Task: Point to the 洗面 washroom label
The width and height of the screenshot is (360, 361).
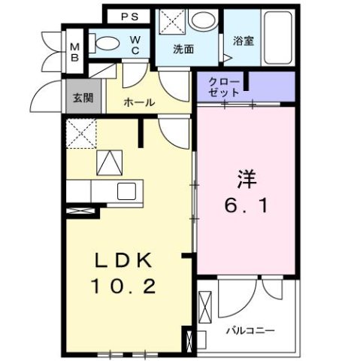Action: point(183,50)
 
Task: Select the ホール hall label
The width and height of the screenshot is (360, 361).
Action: point(139,102)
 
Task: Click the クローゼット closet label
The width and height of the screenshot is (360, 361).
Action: point(225,86)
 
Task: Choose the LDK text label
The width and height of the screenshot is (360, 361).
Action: point(123,260)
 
